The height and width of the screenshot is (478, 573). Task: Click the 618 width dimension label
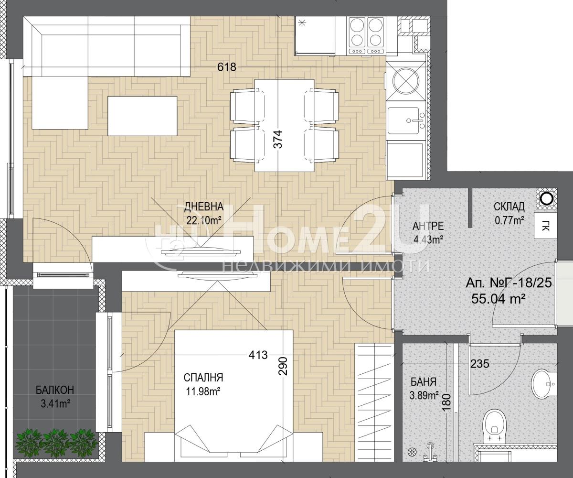(x=227, y=67)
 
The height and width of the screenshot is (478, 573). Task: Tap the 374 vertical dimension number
(x=278, y=139)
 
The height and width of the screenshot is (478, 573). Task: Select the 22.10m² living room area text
(x=204, y=220)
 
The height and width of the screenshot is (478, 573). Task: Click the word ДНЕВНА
(x=204, y=207)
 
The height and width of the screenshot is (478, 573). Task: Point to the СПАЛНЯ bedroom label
(x=203, y=378)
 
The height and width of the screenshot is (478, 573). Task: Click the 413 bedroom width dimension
(x=258, y=355)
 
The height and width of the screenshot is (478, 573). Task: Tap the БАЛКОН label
(x=55, y=390)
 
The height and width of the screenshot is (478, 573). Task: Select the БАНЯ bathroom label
(x=424, y=382)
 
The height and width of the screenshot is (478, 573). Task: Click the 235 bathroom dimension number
(x=480, y=364)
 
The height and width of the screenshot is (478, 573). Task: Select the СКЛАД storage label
(x=509, y=206)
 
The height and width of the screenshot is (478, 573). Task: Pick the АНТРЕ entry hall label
(x=428, y=226)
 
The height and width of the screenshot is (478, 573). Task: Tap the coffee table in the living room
(x=142, y=116)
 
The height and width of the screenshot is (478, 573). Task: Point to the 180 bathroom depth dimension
(x=447, y=403)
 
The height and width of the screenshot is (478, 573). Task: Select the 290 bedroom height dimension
(x=283, y=366)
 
